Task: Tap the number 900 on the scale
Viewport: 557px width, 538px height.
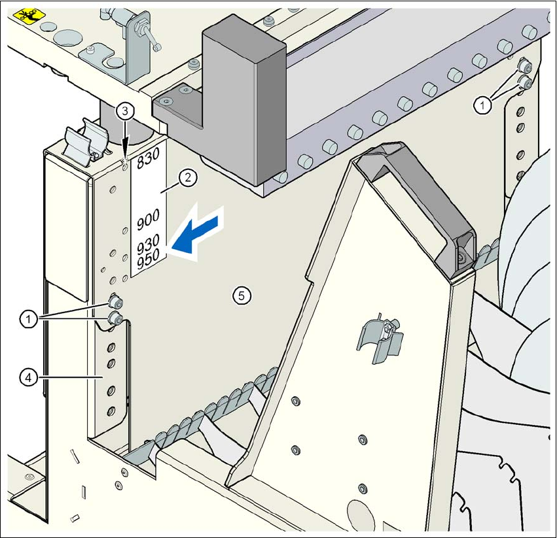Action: click(149, 223)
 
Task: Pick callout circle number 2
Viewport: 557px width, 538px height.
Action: click(187, 177)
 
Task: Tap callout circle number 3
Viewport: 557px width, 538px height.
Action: click(125, 110)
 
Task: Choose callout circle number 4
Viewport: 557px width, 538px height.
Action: click(27, 377)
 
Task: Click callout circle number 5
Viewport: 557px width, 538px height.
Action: click(241, 296)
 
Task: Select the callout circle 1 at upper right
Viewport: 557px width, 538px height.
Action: click(482, 105)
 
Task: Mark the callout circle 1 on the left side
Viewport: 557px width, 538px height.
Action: click(27, 319)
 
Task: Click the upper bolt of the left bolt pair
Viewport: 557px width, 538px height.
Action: click(117, 301)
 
